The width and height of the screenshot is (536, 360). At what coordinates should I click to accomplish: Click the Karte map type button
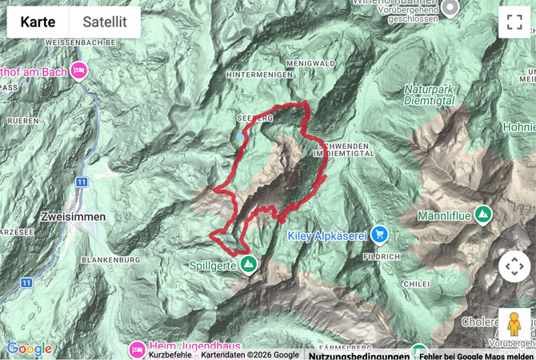38,22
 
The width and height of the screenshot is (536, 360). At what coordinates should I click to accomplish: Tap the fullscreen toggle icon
514,22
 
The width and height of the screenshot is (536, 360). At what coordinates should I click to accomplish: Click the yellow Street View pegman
514,325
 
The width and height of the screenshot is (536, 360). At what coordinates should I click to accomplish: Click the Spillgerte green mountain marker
249,263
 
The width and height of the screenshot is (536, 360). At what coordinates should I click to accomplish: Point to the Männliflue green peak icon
482,214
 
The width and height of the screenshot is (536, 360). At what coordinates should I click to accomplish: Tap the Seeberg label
254,117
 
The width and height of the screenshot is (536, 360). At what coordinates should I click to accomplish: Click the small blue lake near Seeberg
240,137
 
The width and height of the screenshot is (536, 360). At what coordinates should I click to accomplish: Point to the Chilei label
418,282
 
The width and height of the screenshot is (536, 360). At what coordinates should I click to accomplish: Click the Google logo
30,349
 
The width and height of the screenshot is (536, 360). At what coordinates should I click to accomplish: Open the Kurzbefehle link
170,354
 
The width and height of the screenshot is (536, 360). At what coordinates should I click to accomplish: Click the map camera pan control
514,266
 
